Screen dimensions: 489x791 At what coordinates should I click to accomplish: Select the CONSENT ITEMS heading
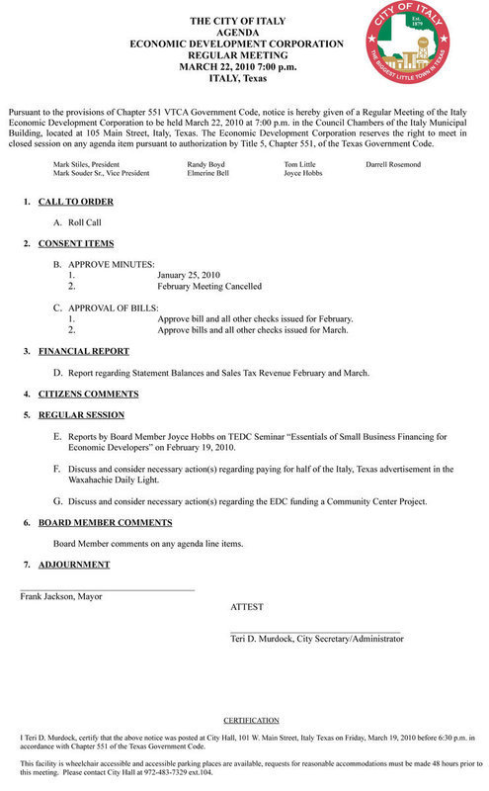click(76, 243)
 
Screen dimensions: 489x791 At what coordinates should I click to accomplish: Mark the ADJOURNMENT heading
click(74, 565)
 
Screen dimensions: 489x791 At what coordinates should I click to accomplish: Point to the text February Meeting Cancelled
click(209, 286)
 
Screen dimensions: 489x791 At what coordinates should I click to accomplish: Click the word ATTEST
click(247, 606)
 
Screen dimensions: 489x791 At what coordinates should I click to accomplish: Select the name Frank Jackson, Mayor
click(59, 596)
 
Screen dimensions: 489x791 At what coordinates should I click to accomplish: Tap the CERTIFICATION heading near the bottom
click(251, 720)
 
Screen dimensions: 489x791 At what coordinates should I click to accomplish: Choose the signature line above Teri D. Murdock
click(315, 631)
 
